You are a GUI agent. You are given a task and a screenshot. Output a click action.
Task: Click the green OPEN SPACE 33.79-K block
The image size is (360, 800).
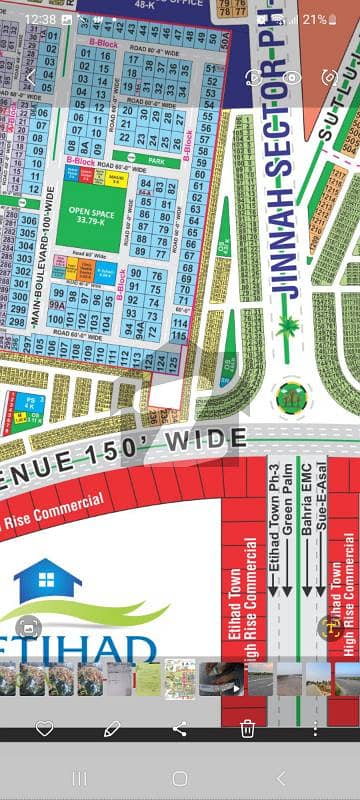click(x=91, y=217)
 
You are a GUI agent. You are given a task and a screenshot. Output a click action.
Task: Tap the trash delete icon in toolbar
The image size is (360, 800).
click(x=247, y=729)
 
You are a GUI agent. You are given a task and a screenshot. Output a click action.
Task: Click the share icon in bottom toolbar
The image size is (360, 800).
click(x=180, y=729)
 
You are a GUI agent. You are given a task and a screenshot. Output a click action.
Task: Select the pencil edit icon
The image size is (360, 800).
click(x=112, y=729)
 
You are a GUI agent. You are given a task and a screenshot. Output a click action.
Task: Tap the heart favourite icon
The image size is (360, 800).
click(x=44, y=729)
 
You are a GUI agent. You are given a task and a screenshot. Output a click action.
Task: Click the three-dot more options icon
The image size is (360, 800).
click(x=315, y=729)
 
